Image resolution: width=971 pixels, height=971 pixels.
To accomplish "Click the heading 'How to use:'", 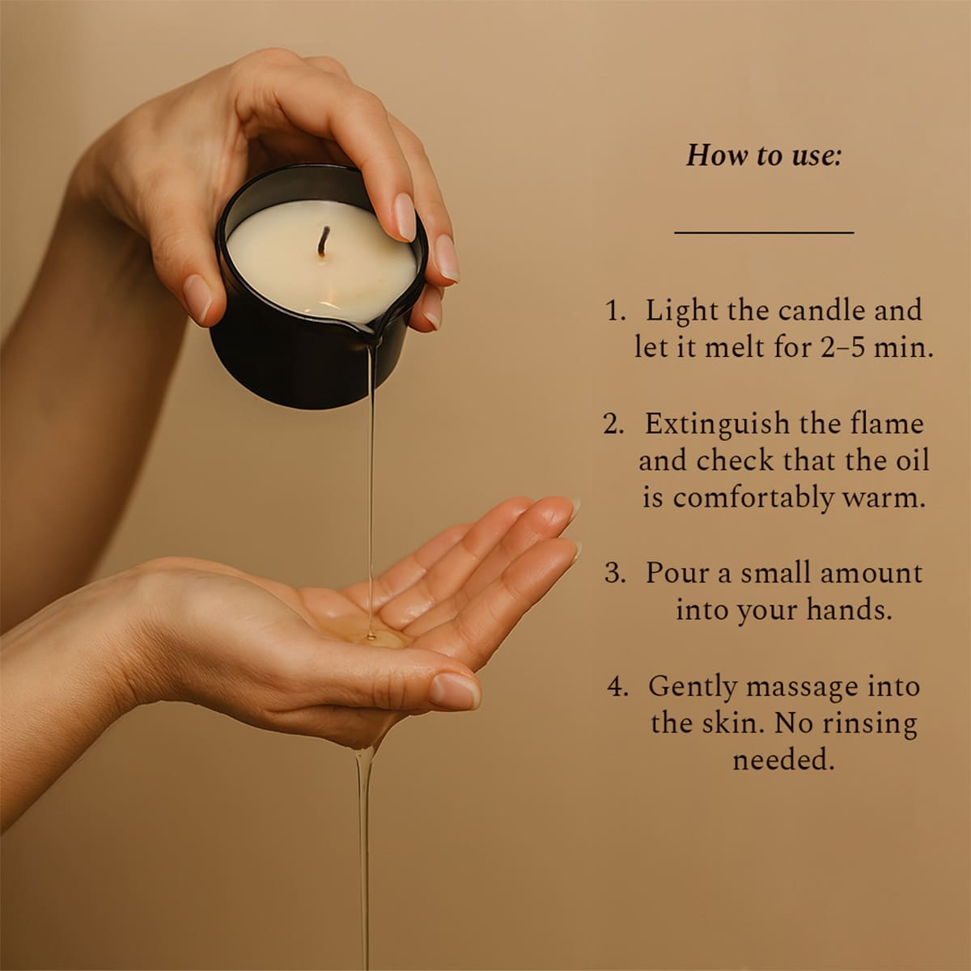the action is pos(764,155).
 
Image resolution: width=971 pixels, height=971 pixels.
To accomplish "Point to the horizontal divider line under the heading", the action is pos(764,232).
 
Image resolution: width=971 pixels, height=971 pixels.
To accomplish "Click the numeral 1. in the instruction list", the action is pos(615,311).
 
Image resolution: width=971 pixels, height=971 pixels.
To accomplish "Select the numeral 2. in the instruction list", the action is pos(613,424).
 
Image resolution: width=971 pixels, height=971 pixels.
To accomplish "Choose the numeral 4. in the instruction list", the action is pos(617,687).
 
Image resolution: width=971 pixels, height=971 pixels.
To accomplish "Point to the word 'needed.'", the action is pos(783,760).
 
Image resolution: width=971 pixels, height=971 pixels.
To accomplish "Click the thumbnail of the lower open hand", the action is pos(456,690).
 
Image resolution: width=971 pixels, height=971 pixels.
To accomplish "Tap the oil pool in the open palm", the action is pos(375,639).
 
